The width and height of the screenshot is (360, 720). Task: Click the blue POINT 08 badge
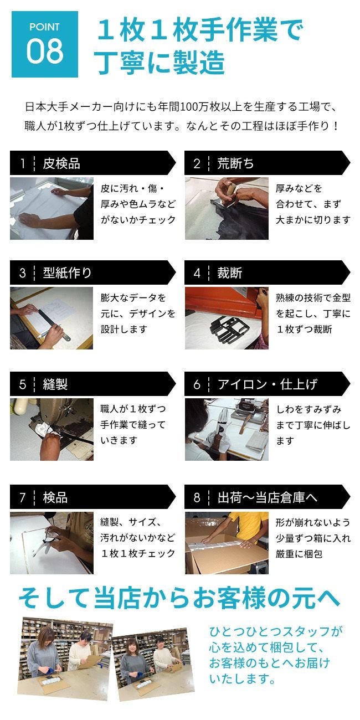coord(45,44)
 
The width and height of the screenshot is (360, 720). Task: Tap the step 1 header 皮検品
coord(61,163)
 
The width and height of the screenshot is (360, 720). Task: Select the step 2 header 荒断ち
coord(235,163)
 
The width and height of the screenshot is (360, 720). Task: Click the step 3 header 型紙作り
coord(67,273)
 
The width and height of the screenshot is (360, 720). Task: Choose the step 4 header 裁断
coord(229,273)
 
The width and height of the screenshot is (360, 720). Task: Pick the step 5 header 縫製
coord(55,384)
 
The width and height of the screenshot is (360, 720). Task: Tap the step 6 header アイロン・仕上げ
coord(268,384)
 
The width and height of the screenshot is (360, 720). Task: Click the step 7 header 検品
coord(55,497)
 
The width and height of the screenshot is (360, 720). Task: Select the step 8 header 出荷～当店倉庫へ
coord(268,497)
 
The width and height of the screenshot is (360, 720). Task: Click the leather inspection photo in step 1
coord(52,208)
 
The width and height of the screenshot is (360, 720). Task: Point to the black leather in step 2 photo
coord(244,222)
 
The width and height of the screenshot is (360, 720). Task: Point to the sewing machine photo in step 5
coord(52,429)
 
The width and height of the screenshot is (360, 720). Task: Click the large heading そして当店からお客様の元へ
coord(179,598)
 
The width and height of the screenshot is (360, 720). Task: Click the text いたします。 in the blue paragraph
coord(243,678)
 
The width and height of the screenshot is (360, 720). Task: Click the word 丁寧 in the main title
coord(121,62)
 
